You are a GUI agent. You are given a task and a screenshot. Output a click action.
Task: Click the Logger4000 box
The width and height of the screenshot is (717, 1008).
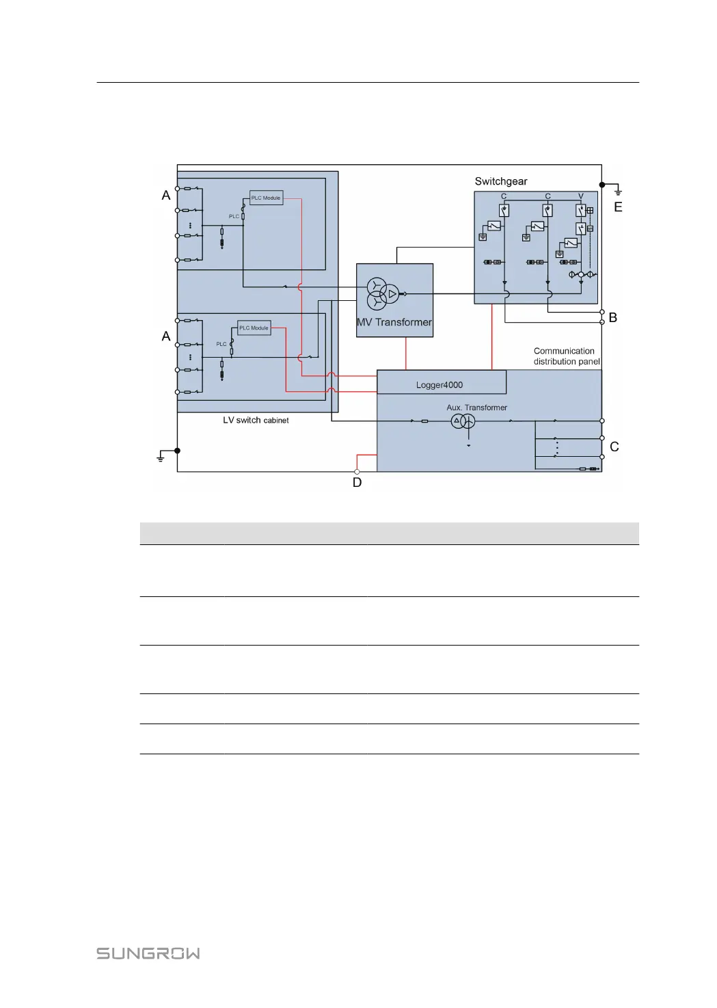pyautogui.click(x=442, y=382)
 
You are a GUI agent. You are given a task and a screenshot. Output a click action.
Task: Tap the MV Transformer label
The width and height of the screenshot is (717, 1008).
pyautogui.click(x=394, y=322)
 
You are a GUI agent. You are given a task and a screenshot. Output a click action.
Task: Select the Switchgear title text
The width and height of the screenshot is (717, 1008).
pyautogui.click(x=500, y=181)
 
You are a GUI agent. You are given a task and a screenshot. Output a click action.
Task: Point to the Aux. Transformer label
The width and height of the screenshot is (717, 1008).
pyautogui.click(x=476, y=408)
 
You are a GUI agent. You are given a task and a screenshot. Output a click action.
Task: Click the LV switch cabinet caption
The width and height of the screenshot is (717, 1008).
pyautogui.click(x=256, y=420)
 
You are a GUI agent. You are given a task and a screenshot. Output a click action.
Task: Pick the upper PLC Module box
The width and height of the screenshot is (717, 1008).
pyautogui.click(x=267, y=198)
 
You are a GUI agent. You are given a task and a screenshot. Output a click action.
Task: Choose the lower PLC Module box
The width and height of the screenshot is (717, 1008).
pyautogui.click(x=254, y=328)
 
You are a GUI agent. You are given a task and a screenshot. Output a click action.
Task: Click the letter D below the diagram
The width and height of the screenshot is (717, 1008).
pyautogui.click(x=357, y=482)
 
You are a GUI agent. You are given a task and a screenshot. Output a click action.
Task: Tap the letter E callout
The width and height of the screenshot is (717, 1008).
pyautogui.click(x=618, y=207)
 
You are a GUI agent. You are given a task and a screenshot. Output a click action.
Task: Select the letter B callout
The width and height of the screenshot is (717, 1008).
pyautogui.click(x=612, y=318)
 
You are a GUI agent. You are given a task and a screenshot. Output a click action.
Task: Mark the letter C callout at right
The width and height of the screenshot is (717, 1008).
pyautogui.click(x=614, y=447)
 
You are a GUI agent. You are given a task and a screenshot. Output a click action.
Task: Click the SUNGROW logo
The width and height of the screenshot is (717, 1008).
pyautogui.click(x=148, y=953)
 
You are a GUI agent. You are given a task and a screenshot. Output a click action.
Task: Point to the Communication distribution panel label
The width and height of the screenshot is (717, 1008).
pyautogui.click(x=567, y=356)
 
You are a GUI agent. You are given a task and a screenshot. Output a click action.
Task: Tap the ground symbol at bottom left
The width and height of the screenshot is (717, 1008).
pyautogui.click(x=161, y=456)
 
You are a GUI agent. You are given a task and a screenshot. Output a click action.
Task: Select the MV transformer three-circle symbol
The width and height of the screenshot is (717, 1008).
pyautogui.click(x=383, y=294)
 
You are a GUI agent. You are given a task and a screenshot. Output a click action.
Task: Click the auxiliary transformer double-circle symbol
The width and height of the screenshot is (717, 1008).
pyautogui.click(x=463, y=421)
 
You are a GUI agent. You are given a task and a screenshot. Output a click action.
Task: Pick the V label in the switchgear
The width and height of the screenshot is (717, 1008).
pyautogui.click(x=581, y=196)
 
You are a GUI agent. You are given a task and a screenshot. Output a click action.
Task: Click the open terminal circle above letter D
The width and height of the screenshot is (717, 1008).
pyautogui.click(x=357, y=472)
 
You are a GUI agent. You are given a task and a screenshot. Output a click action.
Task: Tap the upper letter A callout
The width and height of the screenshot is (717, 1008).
pyautogui.click(x=166, y=196)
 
